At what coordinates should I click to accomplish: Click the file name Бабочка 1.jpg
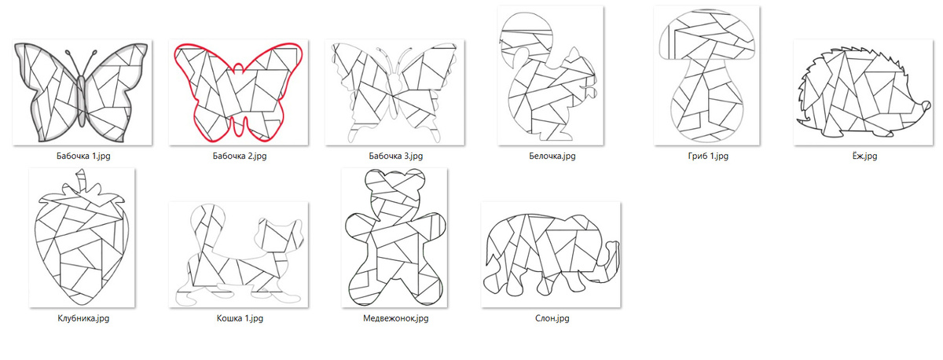(x=83, y=156)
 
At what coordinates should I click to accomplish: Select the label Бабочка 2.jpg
(x=240, y=156)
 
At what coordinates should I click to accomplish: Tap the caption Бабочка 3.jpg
(x=396, y=156)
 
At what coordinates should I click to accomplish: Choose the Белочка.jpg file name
(x=552, y=156)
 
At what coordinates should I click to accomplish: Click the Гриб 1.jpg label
(x=708, y=156)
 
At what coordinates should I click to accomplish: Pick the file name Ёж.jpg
(x=864, y=156)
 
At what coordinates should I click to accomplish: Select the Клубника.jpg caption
(x=83, y=318)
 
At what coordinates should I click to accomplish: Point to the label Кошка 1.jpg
(x=240, y=318)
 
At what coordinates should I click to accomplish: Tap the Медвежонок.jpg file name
(x=396, y=318)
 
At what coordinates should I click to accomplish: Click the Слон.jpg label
(x=552, y=318)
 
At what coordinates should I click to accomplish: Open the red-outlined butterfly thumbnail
(x=239, y=93)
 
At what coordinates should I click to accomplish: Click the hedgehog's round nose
(x=926, y=105)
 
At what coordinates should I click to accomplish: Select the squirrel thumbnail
(x=551, y=75)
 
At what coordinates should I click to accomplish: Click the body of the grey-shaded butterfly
(x=82, y=101)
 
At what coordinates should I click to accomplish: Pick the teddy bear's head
(x=394, y=189)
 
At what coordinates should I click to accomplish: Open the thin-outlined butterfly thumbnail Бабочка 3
(x=394, y=93)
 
